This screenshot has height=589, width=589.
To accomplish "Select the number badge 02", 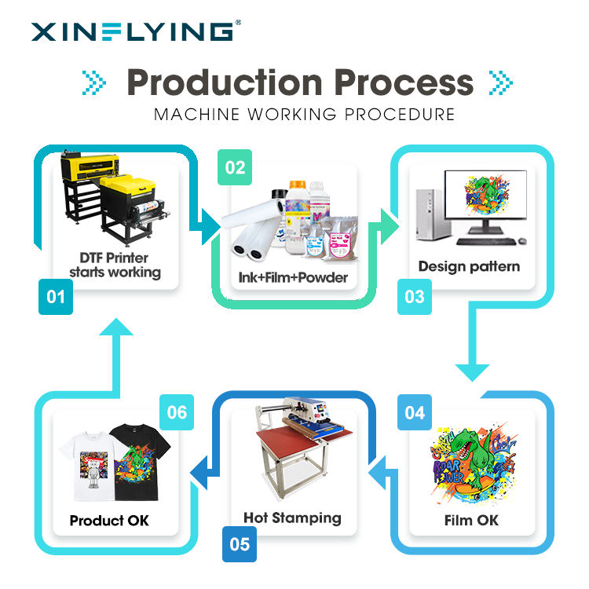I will click(235, 167).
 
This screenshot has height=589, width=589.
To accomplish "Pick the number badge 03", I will click(415, 297).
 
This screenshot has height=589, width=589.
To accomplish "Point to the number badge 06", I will click(177, 412).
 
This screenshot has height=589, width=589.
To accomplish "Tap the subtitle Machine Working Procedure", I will click(304, 114).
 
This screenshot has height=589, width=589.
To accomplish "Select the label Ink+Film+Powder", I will click(294, 277).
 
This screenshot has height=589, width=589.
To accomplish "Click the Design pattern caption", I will click(469, 266).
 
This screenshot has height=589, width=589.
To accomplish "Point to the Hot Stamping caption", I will click(292, 518).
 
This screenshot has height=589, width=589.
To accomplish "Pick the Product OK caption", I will click(109, 521).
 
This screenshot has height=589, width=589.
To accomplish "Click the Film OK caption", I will click(471, 521).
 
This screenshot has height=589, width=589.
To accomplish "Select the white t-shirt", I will click(89, 467).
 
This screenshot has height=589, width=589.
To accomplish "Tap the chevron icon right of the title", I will click(500, 82).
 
